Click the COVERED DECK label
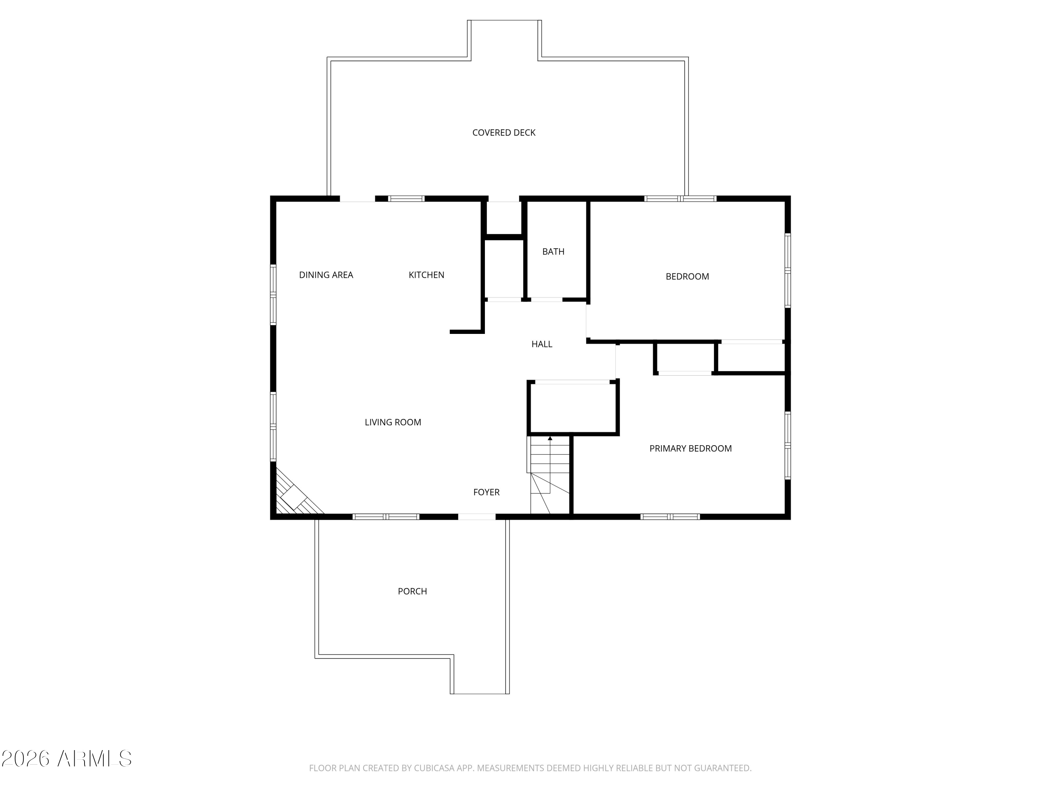504,133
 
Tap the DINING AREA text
326,275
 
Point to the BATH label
553,252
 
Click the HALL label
541,344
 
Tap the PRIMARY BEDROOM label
690,448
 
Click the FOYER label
486,492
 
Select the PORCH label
412,591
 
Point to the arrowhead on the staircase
550,438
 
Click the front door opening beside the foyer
477,517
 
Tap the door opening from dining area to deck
357,198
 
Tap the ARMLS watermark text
94,759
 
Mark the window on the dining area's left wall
273,295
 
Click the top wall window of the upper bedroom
680,198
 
